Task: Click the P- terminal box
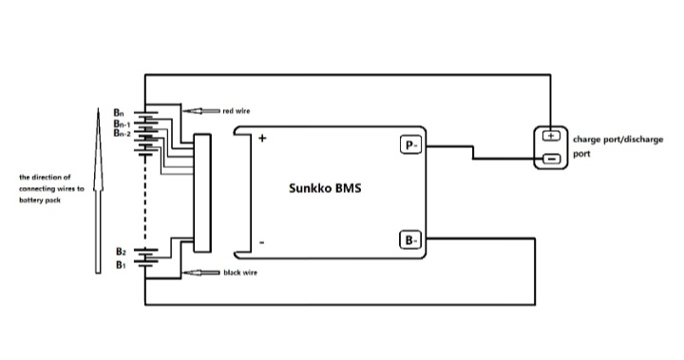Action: click(x=411, y=145)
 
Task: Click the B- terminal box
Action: click(x=410, y=239)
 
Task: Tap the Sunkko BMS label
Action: click(x=325, y=188)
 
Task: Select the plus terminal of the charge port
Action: click(x=551, y=136)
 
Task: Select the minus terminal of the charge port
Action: click(x=551, y=159)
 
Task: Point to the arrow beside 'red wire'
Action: click(x=201, y=111)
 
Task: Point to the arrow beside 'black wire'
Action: click(x=201, y=273)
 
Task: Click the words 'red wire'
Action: click(x=237, y=111)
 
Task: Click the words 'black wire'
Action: click(x=240, y=273)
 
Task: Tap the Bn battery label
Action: click(x=119, y=113)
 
